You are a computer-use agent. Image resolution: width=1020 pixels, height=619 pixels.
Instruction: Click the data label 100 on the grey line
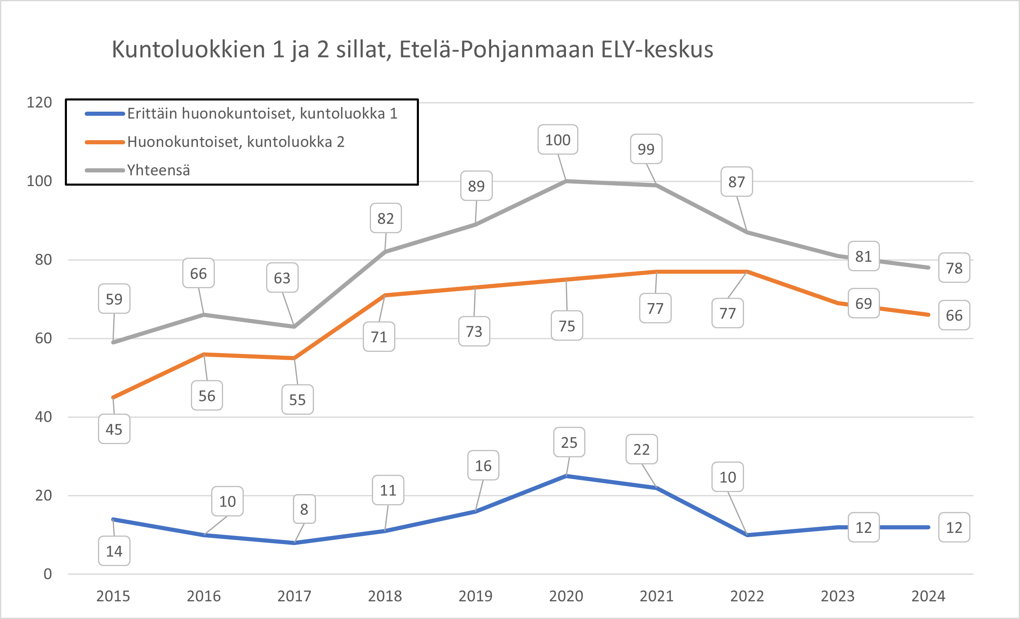point(558,140)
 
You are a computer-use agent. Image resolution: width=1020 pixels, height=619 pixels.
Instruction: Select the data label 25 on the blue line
point(569,442)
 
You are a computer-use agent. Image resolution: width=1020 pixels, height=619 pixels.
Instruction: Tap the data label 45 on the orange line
point(114,429)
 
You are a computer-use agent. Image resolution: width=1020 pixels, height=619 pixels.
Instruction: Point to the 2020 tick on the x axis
point(566,596)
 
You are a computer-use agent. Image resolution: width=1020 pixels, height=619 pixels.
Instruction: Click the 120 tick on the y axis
point(39,102)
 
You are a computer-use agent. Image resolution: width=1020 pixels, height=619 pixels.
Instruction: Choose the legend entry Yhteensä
point(158,170)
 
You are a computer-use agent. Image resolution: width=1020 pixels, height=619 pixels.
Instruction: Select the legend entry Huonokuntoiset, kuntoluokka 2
point(235,142)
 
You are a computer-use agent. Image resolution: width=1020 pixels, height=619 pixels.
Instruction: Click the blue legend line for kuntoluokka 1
point(105,114)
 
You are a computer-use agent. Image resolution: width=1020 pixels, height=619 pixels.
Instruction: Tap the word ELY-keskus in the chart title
point(657,49)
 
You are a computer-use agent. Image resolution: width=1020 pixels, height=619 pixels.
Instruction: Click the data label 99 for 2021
point(646,149)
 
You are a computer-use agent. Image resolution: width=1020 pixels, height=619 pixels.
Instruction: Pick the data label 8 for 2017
point(304,509)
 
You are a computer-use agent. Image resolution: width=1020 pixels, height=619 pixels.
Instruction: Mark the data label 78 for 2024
point(954,268)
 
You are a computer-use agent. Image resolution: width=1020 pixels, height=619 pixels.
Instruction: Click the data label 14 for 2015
point(114,551)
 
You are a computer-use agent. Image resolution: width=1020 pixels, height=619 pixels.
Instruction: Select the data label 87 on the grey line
point(737,182)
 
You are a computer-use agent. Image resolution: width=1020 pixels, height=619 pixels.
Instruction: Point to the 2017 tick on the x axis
point(294,596)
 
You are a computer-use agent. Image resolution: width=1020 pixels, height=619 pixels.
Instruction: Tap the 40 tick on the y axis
point(43,417)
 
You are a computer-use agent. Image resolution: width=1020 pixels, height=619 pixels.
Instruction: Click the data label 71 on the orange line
point(379,337)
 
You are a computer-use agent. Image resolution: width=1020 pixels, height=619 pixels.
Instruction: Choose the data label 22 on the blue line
point(641,449)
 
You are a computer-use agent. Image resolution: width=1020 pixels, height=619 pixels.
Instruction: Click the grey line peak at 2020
point(566,181)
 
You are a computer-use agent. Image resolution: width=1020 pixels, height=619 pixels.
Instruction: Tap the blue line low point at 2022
point(747,535)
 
